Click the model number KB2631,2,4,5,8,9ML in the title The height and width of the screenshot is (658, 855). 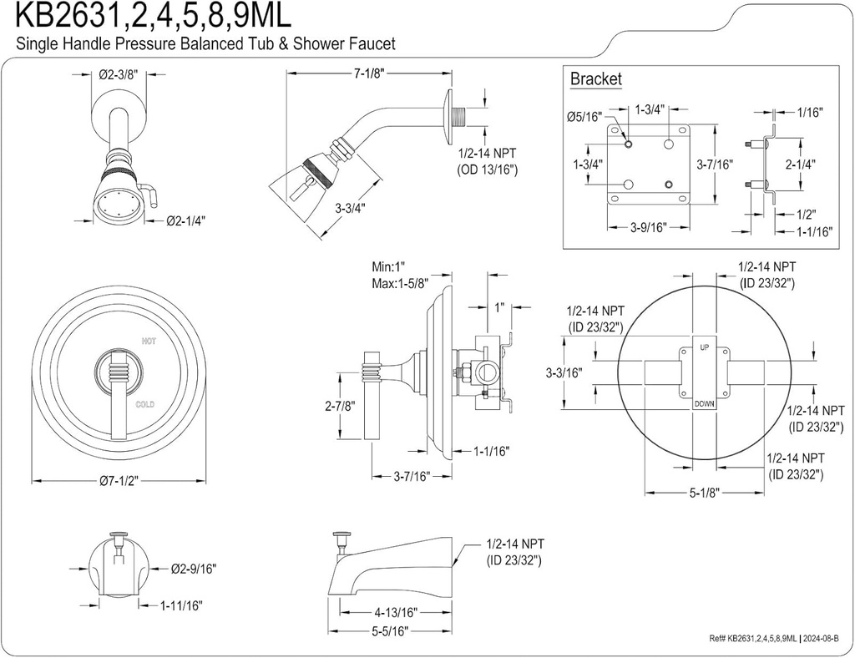tap(150, 17)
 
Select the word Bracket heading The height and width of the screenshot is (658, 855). tap(595, 79)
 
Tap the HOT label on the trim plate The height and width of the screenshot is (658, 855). tap(149, 341)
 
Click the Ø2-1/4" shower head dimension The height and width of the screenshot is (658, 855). tap(185, 220)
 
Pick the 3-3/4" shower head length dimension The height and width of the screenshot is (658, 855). tap(351, 209)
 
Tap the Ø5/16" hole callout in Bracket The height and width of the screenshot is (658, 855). tap(582, 117)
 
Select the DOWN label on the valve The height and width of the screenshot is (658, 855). tap(704, 404)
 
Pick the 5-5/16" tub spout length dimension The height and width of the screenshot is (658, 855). tap(388, 633)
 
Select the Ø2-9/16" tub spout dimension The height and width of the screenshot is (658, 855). tap(193, 569)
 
